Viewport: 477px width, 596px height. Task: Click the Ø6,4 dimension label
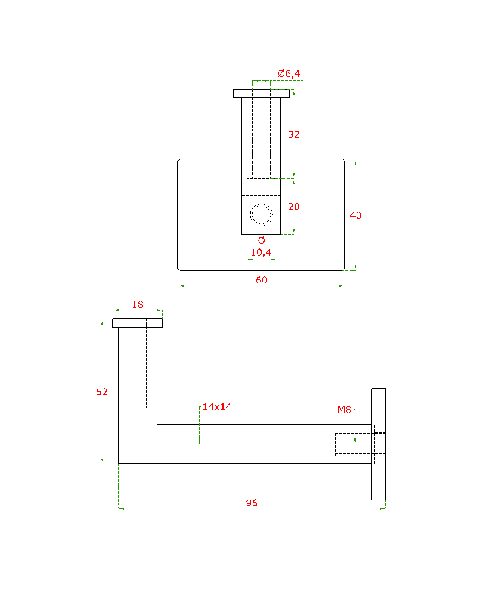289,73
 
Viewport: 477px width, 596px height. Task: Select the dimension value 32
294,134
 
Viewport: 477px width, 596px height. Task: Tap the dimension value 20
294,207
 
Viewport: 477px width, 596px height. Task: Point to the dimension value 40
356,215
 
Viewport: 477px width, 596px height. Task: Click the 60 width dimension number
261,280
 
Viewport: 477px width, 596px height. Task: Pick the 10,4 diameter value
261,252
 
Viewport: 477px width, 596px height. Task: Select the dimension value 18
138,304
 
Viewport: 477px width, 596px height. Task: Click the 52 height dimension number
102,392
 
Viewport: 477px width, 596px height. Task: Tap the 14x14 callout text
217,407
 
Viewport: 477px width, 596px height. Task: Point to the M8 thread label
344,410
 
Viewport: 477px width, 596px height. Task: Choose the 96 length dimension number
252,503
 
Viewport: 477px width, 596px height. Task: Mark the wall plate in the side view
378,444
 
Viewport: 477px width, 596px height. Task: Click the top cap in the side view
138,323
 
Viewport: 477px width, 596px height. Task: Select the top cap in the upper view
261,93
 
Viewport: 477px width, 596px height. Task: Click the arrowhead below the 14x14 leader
199,440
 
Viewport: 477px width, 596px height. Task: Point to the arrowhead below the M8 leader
355,440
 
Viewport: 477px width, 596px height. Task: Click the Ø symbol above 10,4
261,240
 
